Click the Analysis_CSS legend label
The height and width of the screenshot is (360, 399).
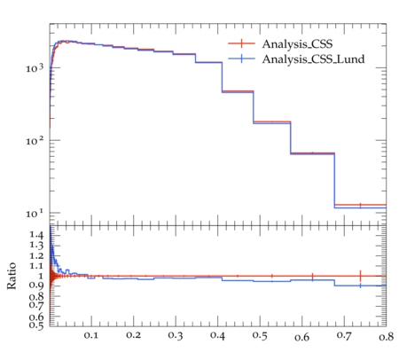(x=297, y=44)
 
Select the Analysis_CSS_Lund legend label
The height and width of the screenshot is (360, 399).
(x=313, y=59)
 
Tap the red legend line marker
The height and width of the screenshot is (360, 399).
(x=241, y=43)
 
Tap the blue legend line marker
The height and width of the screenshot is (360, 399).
(x=241, y=59)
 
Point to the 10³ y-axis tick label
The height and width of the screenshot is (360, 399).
(x=35, y=68)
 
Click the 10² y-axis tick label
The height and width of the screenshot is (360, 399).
(x=35, y=141)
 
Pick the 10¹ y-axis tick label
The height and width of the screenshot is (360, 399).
(x=35, y=213)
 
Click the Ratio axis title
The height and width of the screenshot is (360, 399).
(x=12, y=276)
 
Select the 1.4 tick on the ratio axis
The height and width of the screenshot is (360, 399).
(x=36, y=235)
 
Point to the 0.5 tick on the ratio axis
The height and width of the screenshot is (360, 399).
(x=36, y=325)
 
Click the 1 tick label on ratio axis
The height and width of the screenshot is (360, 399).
(x=41, y=276)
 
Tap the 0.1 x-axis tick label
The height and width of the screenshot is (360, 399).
(x=91, y=335)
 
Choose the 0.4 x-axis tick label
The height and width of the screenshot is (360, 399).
(x=217, y=335)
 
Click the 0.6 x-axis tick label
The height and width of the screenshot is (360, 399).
(x=302, y=337)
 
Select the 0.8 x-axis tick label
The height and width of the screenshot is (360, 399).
(x=387, y=337)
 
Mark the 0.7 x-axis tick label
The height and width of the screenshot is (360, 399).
(x=344, y=335)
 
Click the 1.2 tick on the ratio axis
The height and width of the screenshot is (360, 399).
(x=36, y=255)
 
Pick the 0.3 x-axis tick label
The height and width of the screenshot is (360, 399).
(x=176, y=335)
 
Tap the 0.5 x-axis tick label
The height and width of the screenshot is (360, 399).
(x=260, y=335)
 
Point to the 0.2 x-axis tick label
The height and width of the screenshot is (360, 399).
(x=133, y=335)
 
